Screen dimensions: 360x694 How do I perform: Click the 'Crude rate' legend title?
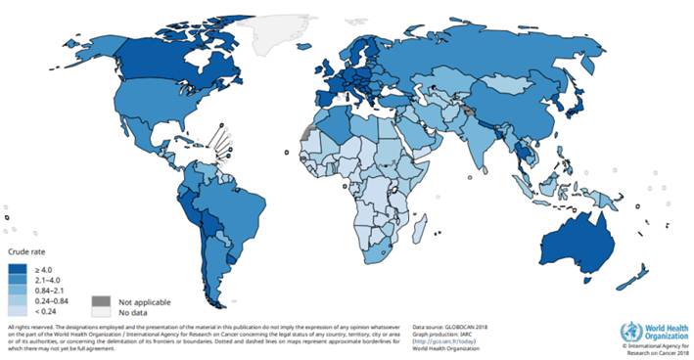pos(25,253)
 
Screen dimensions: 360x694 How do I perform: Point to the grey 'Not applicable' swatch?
pos(101,302)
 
